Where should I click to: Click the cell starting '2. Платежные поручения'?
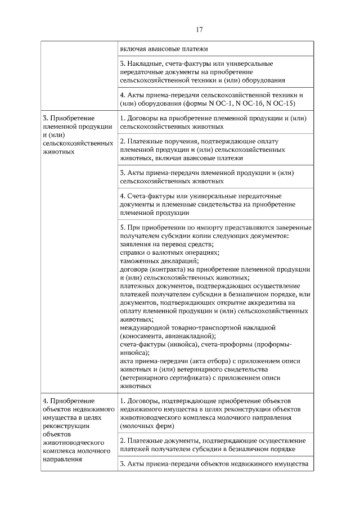coord(208,149)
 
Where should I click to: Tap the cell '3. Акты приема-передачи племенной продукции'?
coord(208,177)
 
